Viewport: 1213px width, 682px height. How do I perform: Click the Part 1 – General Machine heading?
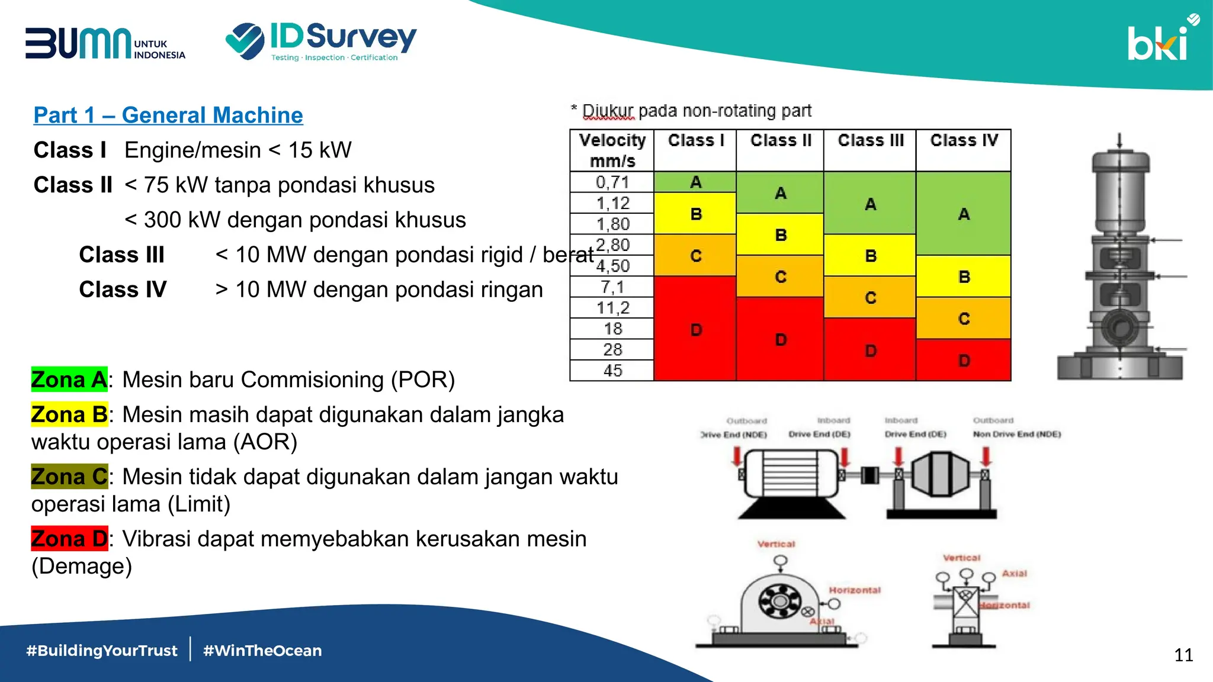pos(168,115)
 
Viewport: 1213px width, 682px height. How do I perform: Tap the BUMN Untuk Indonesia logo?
pos(105,44)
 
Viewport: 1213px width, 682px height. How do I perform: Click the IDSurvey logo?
pos(321,41)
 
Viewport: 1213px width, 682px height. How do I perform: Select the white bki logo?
pos(1160,41)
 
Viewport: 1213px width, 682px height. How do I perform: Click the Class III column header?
pos(870,141)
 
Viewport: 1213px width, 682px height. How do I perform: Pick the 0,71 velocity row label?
pos(612,182)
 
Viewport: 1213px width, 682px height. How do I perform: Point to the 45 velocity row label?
pos(612,371)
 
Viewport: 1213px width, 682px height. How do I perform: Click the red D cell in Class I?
pos(695,330)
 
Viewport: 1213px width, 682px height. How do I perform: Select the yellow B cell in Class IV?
pos(964,276)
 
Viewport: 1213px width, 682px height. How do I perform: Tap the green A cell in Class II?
pos(780,193)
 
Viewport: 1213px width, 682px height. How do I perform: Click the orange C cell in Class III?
pos(870,298)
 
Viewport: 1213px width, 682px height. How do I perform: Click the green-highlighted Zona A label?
pos(69,379)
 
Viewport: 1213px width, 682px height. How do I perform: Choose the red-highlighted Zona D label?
pos(69,539)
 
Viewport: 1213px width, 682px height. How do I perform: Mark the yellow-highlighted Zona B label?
pos(69,414)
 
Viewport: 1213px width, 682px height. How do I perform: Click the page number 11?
pos(1183,655)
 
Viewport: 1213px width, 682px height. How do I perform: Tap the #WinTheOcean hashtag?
pos(262,651)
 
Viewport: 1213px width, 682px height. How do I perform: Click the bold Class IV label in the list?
pos(123,289)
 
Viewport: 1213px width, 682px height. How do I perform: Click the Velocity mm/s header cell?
pos(612,150)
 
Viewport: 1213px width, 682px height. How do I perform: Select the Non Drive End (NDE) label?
pos(1016,434)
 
